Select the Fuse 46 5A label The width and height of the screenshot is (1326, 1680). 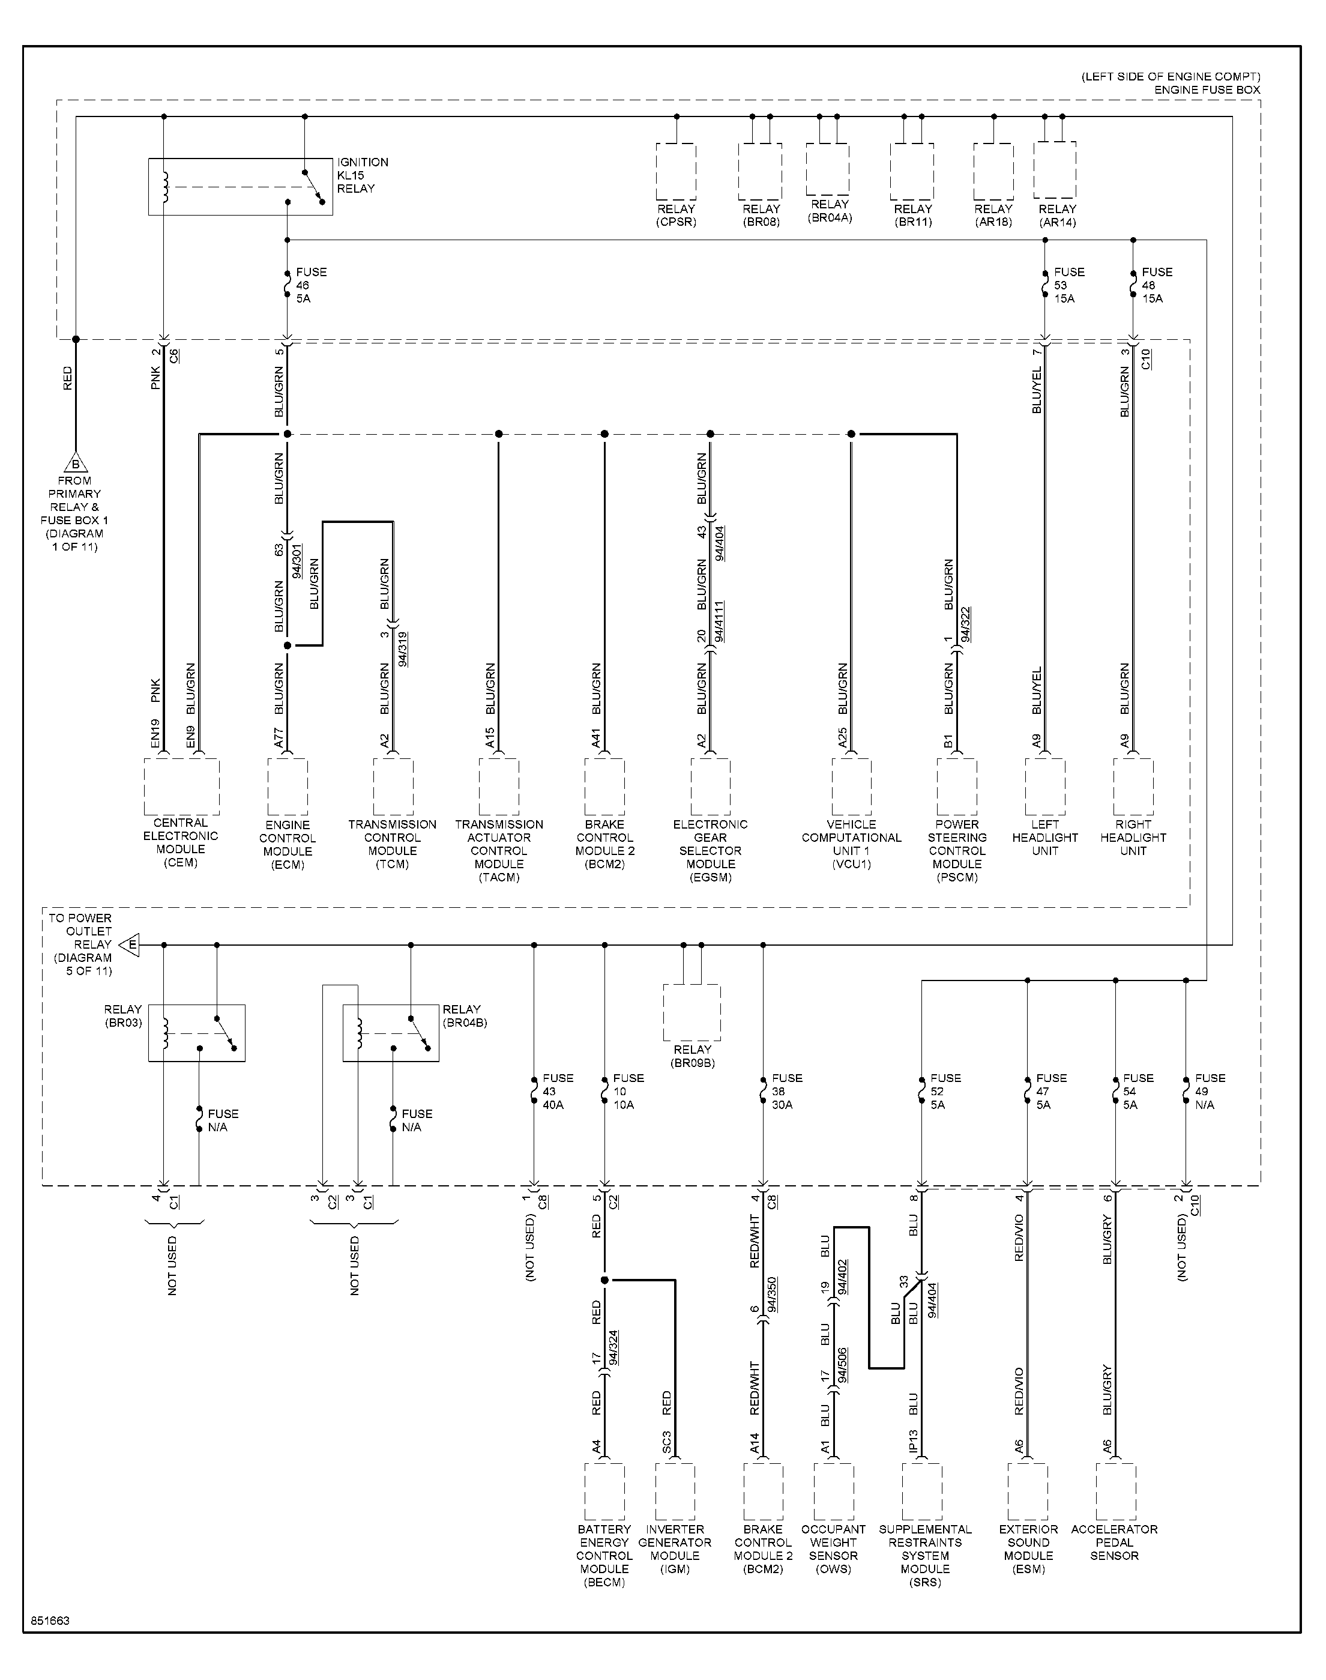312,285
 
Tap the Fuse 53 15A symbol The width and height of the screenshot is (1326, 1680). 1044,285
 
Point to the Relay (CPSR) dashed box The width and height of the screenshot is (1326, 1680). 676,172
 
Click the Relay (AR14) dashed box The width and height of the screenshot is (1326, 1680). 1055,171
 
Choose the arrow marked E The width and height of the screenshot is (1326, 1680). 129,945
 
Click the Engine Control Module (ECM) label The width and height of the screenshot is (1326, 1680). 288,845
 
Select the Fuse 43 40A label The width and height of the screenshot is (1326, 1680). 558,1091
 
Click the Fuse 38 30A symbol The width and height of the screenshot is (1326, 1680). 763,1091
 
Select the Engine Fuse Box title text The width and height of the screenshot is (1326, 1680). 1207,90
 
